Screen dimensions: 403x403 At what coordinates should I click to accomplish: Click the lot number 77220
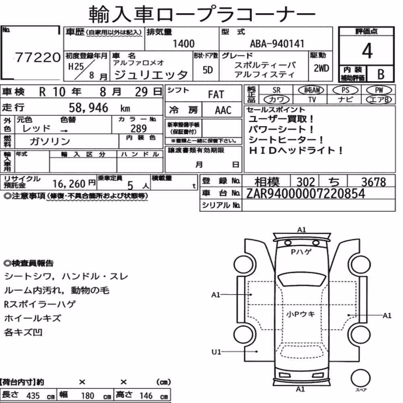pyautogui.click(x=38, y=57)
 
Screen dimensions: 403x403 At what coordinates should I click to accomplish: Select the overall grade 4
pyautogui.click(x=367, y=51)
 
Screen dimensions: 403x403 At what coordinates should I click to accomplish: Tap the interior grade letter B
pyautogui.click(x=381, y=74)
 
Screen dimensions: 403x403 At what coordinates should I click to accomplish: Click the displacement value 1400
pyautogui.click(x=183, y=44)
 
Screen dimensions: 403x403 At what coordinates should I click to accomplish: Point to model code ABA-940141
pyautogui.click(x=277, y=44)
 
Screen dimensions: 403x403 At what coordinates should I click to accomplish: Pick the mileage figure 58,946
pyautogui.click(x=88, y=108)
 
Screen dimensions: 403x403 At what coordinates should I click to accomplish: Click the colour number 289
pyautogui.click(x=139, y=129)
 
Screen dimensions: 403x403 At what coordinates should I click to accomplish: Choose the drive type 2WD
pyautogui.click(x=321, y=69)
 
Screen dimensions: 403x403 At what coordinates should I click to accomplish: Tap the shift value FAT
pyautogui.click(x=216, y=95)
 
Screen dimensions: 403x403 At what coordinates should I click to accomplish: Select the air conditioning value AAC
pyautogui.click(x=223, y=110)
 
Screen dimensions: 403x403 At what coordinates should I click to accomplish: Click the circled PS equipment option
pyautogui.click(x=345, y=90)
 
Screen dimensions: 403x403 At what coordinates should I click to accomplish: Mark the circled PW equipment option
pyautogui.click(x=379, y=90)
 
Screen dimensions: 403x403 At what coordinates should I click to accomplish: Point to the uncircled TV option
pyautogui.click(x=312, y=100)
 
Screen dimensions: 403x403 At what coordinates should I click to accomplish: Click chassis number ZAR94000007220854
pyautogui.click(x=305, y=193)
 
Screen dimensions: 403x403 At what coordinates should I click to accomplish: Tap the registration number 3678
pyautogui.click(x=374, y=182)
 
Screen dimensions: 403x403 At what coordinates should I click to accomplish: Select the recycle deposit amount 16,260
pyautogui.click(x=69, y=184)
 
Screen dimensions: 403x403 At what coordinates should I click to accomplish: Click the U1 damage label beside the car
pyautogui.click(x=216, y=351)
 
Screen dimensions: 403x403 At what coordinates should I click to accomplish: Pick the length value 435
pyautogui.click(x=33, y=396)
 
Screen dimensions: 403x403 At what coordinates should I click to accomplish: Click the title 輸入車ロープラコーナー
pyautogui.click(x=202, y=14)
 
